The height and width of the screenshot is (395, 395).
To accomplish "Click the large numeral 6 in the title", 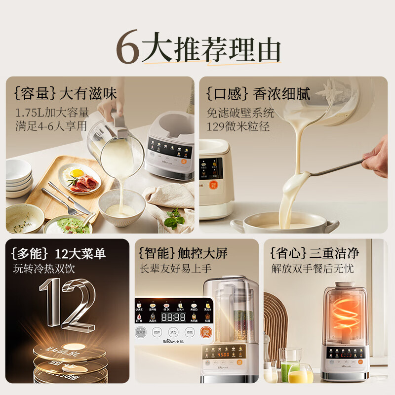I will click(x=128, y=49).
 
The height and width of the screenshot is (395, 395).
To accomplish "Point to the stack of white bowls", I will click(x=18, y=178).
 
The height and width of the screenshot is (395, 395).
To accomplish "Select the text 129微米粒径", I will click(x=238, y=126).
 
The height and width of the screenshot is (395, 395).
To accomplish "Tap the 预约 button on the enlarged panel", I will click(x=172, y=332).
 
